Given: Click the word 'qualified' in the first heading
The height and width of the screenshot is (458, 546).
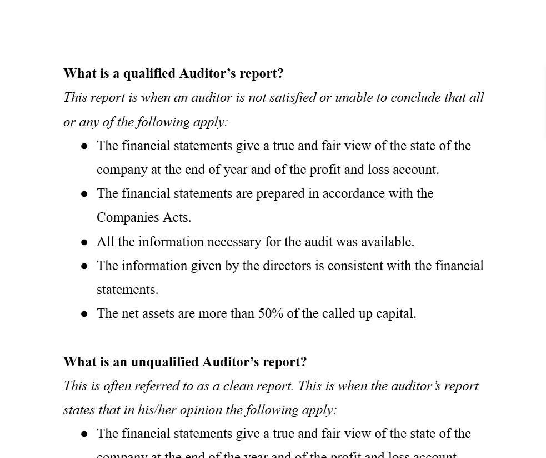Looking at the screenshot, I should (149, 73).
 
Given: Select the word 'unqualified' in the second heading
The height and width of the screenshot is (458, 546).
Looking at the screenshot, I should (164, 362).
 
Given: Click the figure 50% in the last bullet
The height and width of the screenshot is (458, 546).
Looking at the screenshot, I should (271, 313).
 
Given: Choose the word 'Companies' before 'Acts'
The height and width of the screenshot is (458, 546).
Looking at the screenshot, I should (127, 217).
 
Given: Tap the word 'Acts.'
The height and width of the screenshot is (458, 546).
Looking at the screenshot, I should (177, 217).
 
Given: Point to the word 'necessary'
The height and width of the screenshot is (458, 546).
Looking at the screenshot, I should (234, 242).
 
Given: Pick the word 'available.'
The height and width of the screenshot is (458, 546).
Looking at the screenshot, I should (388, 242).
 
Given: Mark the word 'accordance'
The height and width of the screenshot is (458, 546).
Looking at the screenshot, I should (353, 193).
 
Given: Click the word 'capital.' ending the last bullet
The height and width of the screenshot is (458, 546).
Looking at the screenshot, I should (396, 313).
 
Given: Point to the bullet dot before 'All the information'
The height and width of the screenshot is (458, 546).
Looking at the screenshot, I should (84, 242).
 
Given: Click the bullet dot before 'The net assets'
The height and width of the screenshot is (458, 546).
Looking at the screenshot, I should (84, 314).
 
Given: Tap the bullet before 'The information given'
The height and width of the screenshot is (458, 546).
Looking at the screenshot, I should (84, 266).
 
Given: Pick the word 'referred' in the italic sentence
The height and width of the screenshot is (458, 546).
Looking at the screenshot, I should (156, 386).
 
